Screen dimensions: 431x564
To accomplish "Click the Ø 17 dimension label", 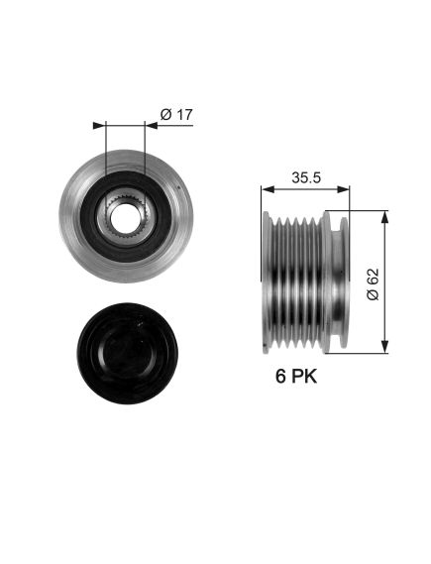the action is point(176,114).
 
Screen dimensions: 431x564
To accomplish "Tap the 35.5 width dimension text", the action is point(306,177).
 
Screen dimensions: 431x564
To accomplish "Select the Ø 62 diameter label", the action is point(373,283).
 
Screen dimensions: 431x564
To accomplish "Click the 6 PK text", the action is point(296,377).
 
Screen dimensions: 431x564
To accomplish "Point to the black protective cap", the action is point(127,353).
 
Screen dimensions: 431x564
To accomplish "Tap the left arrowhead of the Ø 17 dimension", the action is point(100,126).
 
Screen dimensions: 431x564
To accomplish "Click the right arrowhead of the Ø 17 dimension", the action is point(152,126).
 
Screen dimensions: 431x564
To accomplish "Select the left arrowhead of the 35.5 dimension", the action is point(268,189).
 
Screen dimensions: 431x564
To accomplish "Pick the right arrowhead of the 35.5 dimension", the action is point(343,189).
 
